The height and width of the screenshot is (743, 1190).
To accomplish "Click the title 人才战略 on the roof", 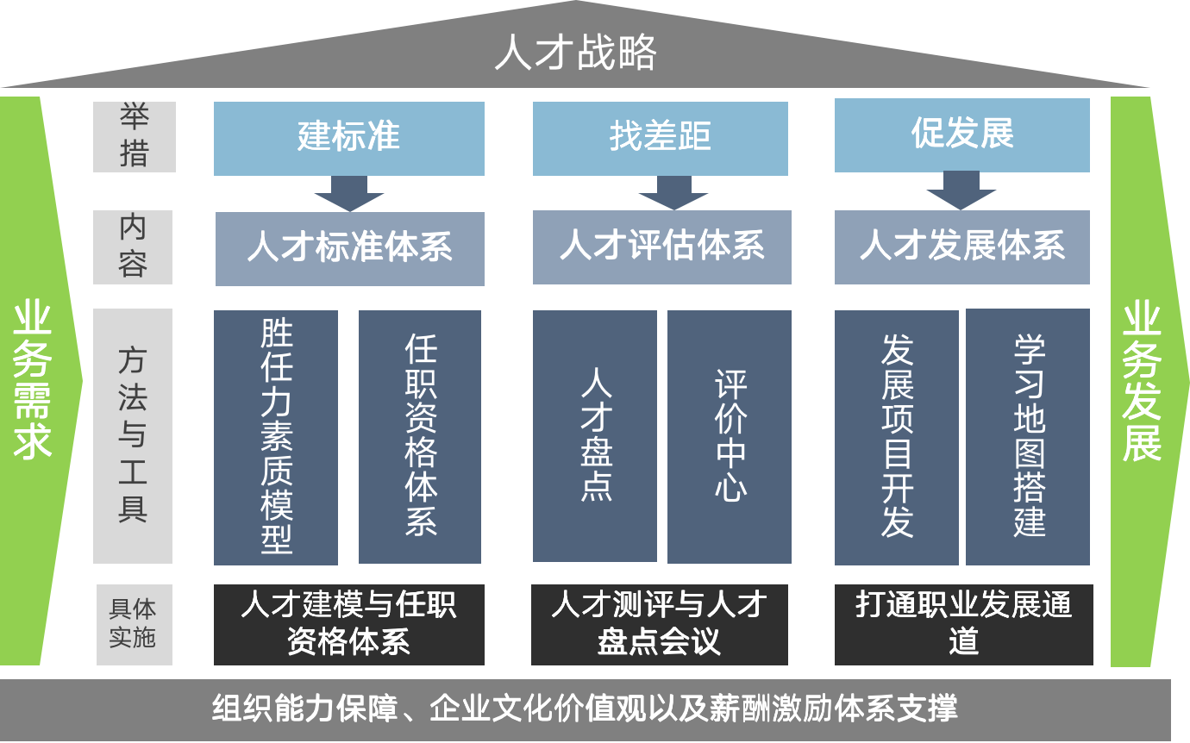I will tap(575, 52).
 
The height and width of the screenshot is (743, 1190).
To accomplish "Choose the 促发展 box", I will tap(961, 135).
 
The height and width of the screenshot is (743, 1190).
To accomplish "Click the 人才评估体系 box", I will tap(661, 247).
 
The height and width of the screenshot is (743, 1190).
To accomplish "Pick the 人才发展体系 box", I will tap(961, 247).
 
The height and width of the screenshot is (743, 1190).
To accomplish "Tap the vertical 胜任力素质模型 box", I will tap(276, 437).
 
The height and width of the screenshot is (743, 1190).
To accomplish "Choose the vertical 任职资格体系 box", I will tap(420, 437).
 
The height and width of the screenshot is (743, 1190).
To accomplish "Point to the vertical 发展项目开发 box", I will tap(897, 437).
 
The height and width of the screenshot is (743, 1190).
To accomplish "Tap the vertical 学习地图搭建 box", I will tap(1028, 437).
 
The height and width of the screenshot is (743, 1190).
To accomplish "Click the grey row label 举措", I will tap(135, 137).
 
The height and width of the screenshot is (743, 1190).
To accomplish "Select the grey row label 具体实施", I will tap(134, 625).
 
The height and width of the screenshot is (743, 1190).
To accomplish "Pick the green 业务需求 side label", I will tap(32, 379).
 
